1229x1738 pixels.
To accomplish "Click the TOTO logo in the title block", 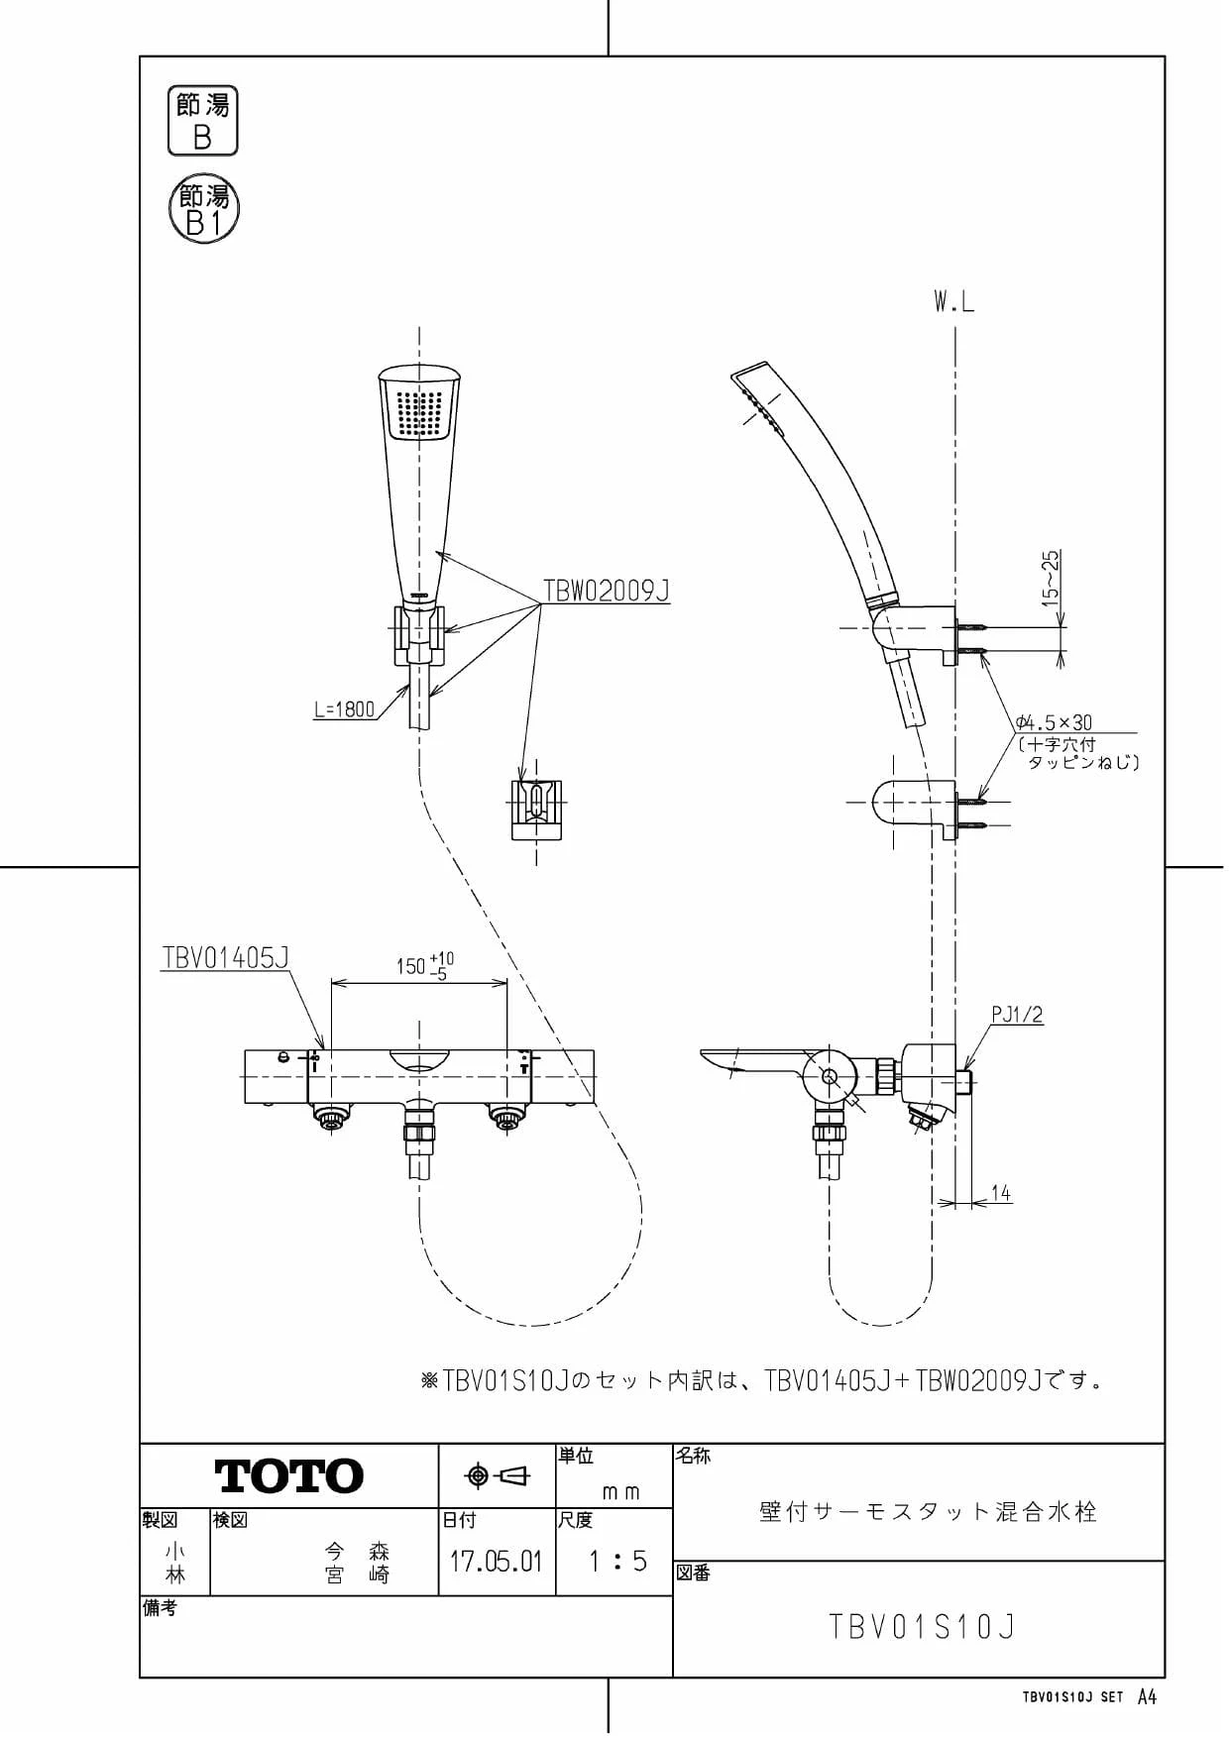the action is click(289, 1475).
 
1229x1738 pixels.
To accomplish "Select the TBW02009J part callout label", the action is click(606, 591).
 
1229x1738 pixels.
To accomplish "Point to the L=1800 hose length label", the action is click(344, 708).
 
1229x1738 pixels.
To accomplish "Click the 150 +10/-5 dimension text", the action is click(425, 965).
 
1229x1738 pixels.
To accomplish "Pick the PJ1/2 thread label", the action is click(1017, 1015).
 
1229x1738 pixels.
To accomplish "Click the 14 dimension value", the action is click(1001, 1193).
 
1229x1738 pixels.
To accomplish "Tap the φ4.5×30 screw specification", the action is click(1054, 722).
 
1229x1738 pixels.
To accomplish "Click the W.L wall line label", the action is click(953, 302).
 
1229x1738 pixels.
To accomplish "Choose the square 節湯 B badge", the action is click(203, 120).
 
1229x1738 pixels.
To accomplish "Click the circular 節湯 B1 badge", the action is click(204, 210).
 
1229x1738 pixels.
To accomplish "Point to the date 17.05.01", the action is click(496, 1562).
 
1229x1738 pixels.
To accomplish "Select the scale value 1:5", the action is click(616, 1562).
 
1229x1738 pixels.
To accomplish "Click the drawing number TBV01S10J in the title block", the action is click(922, 1627).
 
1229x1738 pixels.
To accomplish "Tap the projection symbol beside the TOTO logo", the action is click(498, 1475).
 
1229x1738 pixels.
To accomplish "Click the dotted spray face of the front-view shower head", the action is click(419, 413).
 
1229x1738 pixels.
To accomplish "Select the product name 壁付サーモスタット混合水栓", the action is click(928, 1511).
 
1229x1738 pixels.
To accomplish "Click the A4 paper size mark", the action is click(1147, 1696).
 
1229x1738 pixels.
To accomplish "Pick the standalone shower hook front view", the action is click(536, 809).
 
